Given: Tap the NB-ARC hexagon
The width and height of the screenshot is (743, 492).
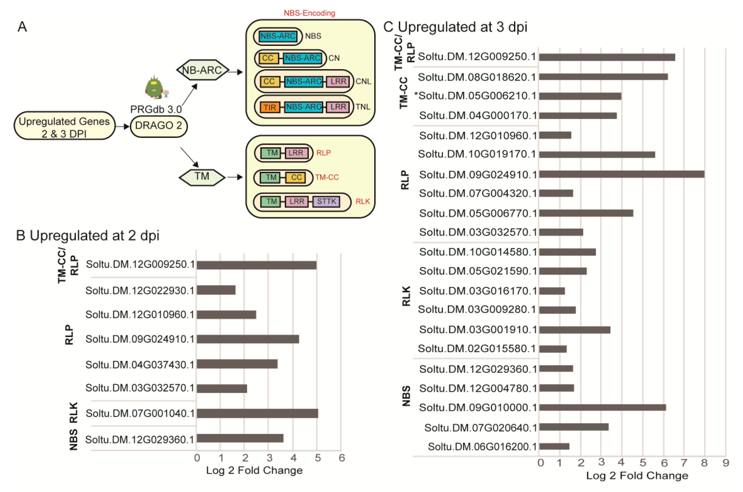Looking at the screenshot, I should pos(202,70).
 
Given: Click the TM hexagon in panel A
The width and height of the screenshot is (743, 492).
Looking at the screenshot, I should pos(202,177).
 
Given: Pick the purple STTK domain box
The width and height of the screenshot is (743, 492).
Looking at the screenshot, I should pos(326,201).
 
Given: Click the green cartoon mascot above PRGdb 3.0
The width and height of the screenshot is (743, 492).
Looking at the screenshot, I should pos(154,87).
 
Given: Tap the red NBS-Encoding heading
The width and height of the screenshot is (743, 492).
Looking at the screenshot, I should pos(309,13).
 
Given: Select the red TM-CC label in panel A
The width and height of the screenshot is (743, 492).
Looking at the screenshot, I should pos(327,177).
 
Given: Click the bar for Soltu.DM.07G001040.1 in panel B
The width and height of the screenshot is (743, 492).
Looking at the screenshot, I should pos(257,413).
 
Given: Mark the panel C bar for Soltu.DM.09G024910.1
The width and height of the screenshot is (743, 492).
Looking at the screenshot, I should pos(622,174).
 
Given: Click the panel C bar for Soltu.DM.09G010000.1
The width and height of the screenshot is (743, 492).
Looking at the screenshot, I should pos(602,407).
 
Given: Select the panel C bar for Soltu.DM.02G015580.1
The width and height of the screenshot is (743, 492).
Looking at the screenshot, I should pos(553,349).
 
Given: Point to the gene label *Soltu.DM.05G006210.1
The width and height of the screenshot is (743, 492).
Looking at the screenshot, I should pos(475,96).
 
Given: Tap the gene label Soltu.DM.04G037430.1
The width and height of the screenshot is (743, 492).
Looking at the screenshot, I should pos(140,365).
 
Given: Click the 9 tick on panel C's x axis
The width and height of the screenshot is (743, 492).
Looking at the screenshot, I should pos(725,462).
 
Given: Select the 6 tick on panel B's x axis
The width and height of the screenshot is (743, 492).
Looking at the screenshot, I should pos(341,458).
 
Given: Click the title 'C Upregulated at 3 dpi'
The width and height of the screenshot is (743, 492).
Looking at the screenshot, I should pos(455,27).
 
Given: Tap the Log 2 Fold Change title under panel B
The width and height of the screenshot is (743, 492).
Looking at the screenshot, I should pos(254,470).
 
